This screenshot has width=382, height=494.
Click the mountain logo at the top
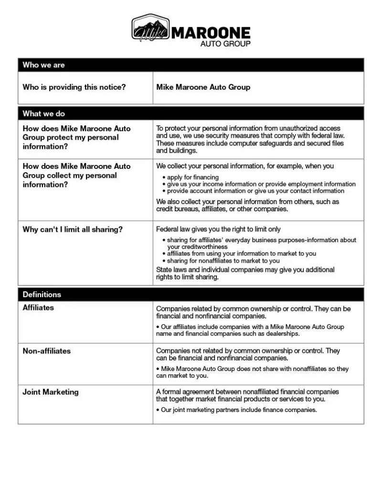150,28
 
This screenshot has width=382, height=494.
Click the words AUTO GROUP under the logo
225,43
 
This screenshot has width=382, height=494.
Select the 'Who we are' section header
43,65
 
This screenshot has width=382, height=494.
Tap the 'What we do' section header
43,113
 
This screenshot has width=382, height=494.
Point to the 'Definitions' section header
42,294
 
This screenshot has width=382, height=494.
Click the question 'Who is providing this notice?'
74,87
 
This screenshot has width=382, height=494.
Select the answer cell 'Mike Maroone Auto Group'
203,87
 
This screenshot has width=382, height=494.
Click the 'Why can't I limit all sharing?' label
73,229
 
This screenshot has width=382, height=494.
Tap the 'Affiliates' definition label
38,308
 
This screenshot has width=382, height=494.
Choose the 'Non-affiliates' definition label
46,351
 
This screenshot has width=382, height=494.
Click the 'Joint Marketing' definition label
51,392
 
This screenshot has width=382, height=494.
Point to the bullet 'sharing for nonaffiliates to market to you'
223,261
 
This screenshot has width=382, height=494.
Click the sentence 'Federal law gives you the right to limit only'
218,229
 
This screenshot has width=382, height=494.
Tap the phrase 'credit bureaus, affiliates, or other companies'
222,209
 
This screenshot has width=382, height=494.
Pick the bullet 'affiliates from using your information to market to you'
241,254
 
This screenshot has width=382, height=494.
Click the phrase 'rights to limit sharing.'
187,277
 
